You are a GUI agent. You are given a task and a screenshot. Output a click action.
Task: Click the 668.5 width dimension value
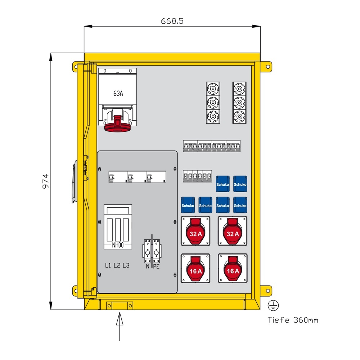click(172, 21)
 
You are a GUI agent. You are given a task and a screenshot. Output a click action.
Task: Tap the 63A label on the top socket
click(118, 94)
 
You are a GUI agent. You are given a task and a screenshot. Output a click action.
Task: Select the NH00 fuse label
click(118, 246)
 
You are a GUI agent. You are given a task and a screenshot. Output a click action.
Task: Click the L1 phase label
click(108, 266)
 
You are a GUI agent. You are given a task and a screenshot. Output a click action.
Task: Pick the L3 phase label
click(126, 266)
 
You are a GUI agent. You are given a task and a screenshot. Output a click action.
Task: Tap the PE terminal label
click(156, 267)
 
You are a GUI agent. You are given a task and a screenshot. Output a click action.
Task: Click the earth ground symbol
click(273, 306)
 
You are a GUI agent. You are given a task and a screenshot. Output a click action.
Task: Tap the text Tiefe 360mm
click(293, 320)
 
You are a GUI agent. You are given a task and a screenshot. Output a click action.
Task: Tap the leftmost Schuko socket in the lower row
click(188, 205)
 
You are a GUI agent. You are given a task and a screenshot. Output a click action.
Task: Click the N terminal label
click(148, 267)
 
